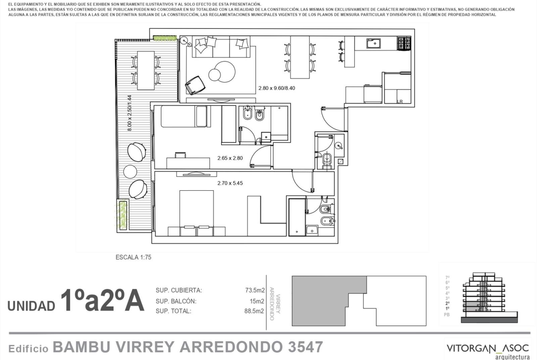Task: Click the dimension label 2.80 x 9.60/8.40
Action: [x=276, y=88]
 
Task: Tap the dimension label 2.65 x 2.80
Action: [x=230, y=158]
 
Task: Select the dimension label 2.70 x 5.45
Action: [x=230, y=183]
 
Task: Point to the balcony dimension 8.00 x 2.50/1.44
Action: [x=129, y=113]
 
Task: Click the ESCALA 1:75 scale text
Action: [x=133, y=257]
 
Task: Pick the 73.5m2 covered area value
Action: [x=255, y=290]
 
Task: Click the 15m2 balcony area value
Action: [x=257, y=301]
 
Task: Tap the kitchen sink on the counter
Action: [x=375, y=44]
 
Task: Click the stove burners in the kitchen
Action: [x=404, y=44]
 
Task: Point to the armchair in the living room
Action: [x=195, y=85]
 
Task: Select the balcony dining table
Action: [x=146, y=70]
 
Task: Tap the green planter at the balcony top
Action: [x=165, y=37]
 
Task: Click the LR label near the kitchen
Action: [x=400, y=102]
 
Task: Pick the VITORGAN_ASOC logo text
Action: [x=488, y=349]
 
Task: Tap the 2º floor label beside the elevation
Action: [x=447, y=303]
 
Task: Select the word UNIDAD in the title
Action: [x=31, y=305]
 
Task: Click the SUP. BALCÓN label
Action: [x=176, y=301]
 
